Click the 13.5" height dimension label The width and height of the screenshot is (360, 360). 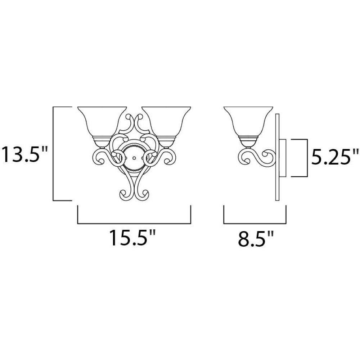[x=24, y=154]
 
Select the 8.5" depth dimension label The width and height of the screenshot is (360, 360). [x=256, y=238]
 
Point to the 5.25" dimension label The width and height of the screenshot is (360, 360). [x=334, y=156]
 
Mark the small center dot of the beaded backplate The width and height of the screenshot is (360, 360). [x=134, y=158]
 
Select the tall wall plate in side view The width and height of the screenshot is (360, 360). [x=277, y=157]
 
